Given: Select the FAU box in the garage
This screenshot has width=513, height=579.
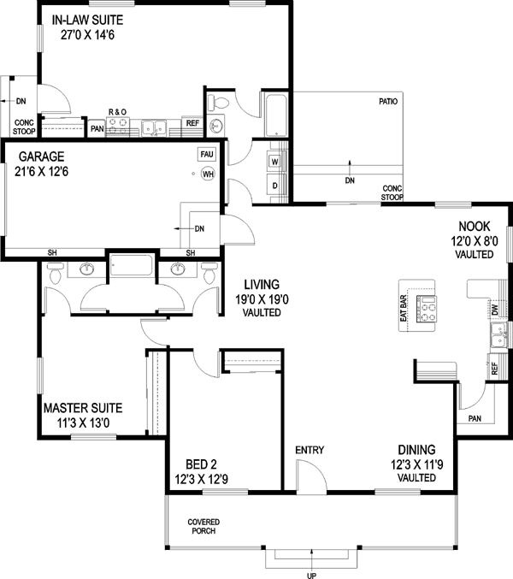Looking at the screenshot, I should coord(206,155).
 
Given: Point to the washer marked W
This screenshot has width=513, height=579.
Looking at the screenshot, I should coord(275,162).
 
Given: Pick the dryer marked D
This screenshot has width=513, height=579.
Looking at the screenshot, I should coord(275,185).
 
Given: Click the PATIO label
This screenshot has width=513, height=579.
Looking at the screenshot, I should coord(389,102).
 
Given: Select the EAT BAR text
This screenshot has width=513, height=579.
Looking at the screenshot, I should coord(403,309).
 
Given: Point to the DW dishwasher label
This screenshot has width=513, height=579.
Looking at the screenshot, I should coord(494,309).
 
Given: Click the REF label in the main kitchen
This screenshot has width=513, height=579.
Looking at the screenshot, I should coord(494,369).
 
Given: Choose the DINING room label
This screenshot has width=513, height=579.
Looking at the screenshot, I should coord(417,450).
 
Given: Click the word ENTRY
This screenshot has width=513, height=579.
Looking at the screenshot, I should coord(309,451).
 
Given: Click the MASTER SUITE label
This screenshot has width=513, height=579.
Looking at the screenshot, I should coord(78,408).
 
